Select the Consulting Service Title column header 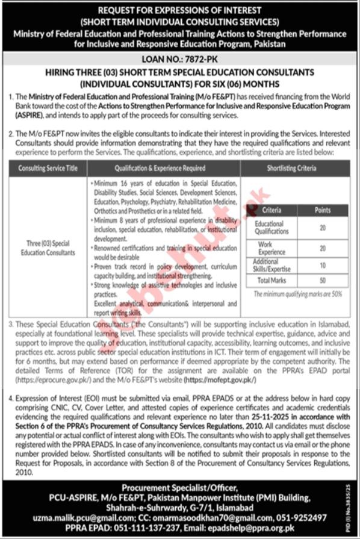point(48,169)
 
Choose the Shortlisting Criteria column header point(291,169)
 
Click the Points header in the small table point(323,210)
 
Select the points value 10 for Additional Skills point(323,265)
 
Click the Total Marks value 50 point(323,280)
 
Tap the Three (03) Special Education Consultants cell point(48,248)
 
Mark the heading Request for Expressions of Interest point(180,10)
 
